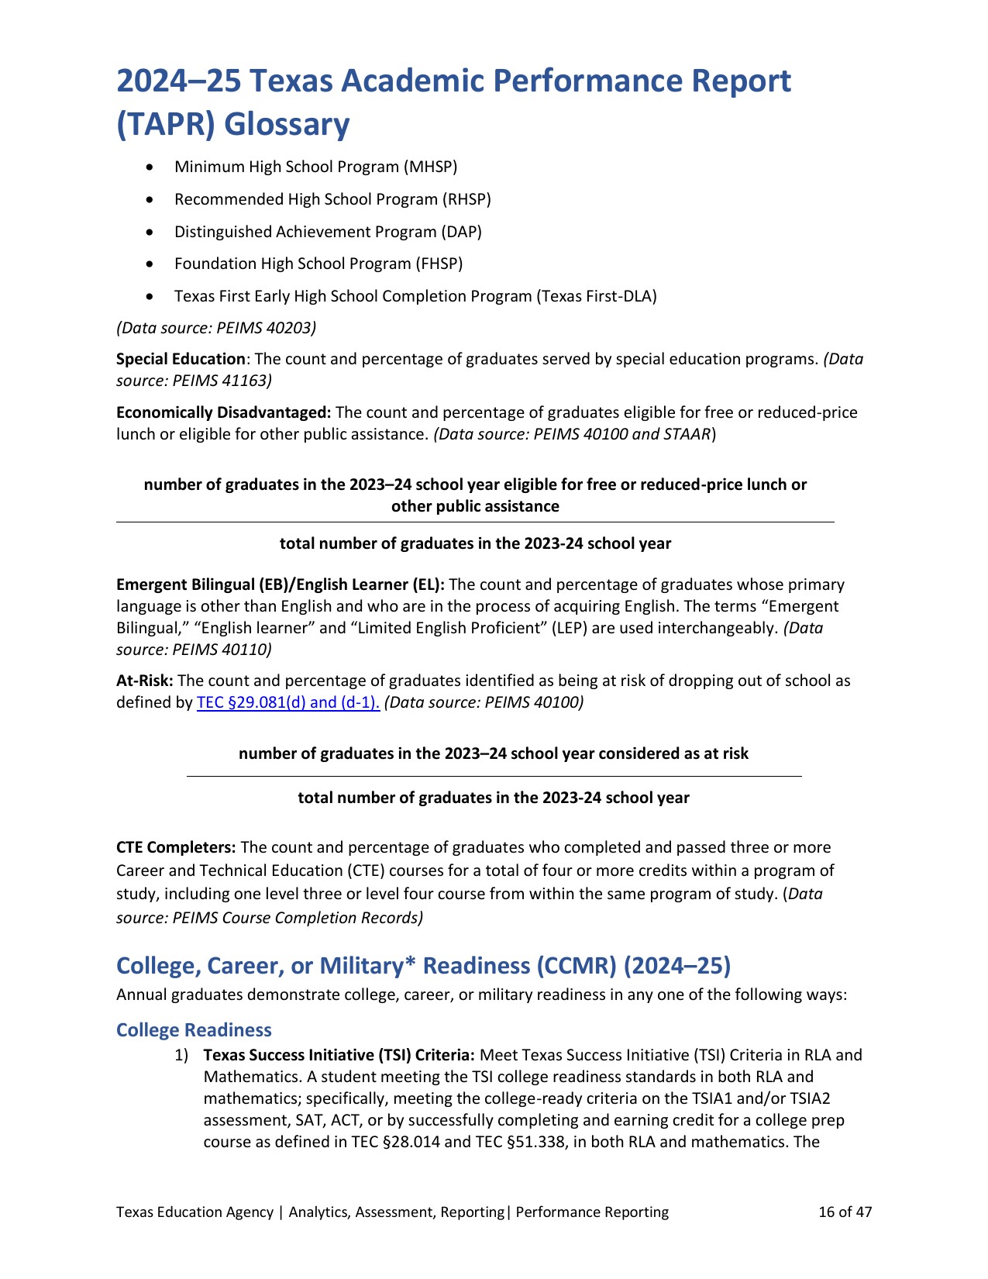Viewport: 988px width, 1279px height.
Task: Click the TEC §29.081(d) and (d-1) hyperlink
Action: click(x=288, y=703)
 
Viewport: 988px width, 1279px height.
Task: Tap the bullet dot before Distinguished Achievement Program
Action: click(x=150, y=232)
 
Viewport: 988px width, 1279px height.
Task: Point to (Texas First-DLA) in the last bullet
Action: click(x=597, y=296)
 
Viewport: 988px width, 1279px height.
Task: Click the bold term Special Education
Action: click(x=181, y=359)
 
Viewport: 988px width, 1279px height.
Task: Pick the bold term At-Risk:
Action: click(x=145, y=681)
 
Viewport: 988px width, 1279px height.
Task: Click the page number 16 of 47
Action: click(x=845, y=1212)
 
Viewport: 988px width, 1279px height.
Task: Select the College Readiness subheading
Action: click(x=194, y=1030)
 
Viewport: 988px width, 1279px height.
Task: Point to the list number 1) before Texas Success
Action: click(x=181, y=1055)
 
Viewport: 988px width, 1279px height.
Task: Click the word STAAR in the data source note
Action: click(x=687, y=434)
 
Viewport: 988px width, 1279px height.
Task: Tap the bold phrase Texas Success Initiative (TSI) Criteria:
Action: click(x=339, y=1055)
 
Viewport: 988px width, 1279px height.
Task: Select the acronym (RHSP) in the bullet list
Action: click(x=466, y=199)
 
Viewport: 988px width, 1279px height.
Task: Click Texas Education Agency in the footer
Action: click(x=195, y=1212)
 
